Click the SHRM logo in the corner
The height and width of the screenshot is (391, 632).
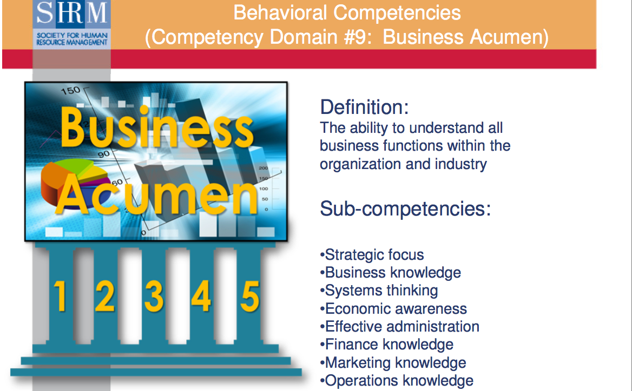tap(71, 24)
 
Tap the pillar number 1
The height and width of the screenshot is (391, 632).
tap(60, 296)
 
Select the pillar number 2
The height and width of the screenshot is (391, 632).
tap(105, 296)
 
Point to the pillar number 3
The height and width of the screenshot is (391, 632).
tap(154, 296)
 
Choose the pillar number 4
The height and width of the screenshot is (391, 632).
tap(201, 296)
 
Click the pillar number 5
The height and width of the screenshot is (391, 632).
tap(249, 296)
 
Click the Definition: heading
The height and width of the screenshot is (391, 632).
tap(364, 107)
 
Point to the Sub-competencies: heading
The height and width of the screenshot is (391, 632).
tap(405, 208)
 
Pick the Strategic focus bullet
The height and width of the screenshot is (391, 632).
tap(372, 254)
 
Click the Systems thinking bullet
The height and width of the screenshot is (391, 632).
tap(379, 291)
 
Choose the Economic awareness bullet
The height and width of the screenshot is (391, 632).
tap(393, 308)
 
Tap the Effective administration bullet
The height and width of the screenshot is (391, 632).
tap(400, 326)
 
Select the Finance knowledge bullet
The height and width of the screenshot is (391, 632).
tap(387, 344)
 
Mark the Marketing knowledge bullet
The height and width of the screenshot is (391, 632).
tap(393, 362)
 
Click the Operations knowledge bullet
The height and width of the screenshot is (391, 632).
tap(397, 380)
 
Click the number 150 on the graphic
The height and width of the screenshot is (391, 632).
tap(70, 91)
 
